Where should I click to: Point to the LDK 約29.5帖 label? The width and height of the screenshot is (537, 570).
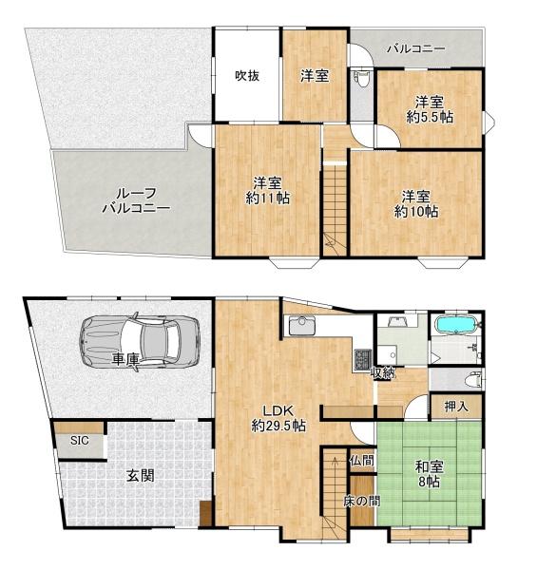pos(278,418)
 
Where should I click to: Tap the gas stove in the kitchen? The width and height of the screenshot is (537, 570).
pos(363,360)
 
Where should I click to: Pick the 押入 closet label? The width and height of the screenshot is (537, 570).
pos(456,407)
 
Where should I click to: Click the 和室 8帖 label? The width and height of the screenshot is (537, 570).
pos(427,473)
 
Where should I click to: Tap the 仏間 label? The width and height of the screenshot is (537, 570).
pos(360,461)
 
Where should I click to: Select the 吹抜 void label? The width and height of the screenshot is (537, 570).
pos(247,76)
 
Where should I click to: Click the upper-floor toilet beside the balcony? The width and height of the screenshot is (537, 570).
pos(359,78)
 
